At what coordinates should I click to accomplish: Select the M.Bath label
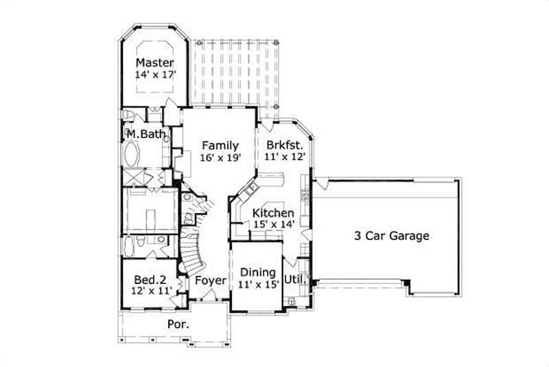144,133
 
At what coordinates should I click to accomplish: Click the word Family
220,145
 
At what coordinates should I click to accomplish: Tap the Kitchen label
273,213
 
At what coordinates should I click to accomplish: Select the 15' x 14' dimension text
273,225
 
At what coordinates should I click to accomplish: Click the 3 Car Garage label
391,236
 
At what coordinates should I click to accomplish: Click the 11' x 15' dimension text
257,285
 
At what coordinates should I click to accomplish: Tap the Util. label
295,279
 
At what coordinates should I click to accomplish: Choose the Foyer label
211,281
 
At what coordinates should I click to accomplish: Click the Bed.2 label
150,279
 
